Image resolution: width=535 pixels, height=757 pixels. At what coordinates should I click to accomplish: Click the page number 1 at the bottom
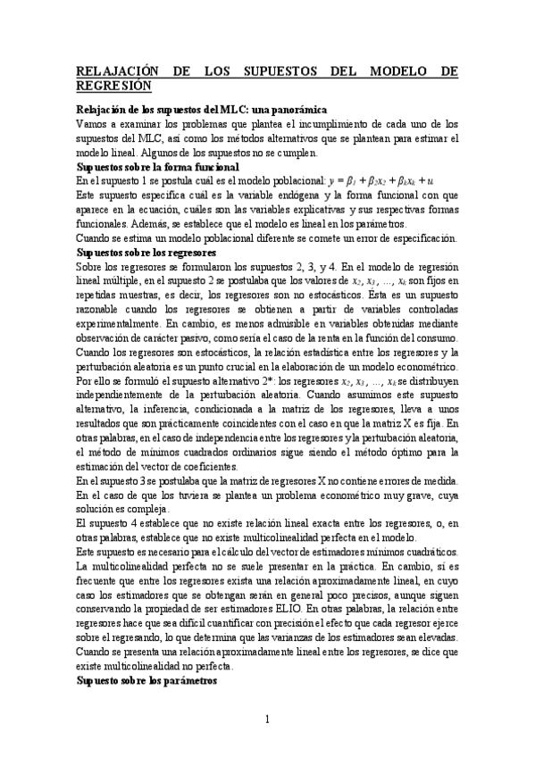[x=266, y=719]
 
